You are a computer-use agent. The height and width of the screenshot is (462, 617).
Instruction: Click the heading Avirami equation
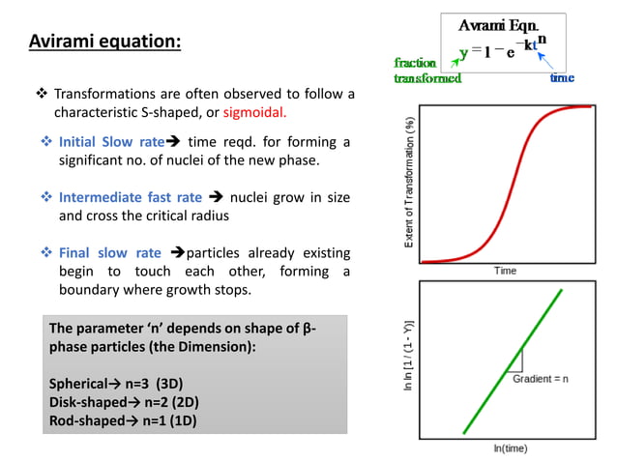click(x=104, y=43)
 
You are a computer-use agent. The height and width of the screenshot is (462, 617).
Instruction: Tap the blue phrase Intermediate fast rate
click(x=131, y=198)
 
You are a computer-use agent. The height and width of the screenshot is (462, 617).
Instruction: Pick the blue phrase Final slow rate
click(x=109, y=254)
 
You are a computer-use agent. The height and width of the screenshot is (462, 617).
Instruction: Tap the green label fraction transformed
click(x=426, y=71)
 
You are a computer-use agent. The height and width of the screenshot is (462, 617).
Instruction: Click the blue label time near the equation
click(x=562, y=77)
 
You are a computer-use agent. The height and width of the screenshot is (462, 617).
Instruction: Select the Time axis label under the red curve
click(x=505, y=271)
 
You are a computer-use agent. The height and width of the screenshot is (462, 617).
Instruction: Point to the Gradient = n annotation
click(x=540, y=378)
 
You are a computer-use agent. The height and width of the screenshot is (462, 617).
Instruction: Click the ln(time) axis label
click(x=509, y=449)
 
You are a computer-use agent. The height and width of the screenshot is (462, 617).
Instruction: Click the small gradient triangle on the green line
click(x=514, y=361)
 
